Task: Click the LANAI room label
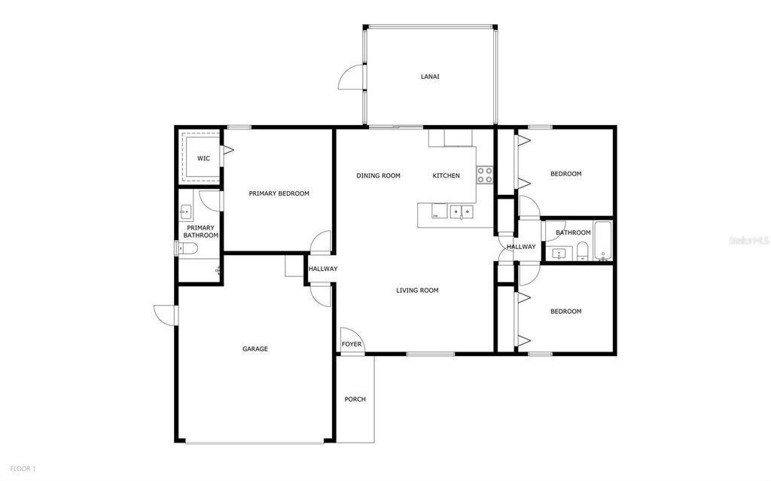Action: click(430, 77)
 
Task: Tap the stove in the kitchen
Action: click(484, 175)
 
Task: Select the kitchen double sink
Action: click(462, 212)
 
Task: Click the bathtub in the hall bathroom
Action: click(602, 241)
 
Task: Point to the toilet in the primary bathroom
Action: click(190, 249)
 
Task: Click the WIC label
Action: click(203, 158)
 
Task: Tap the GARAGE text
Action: click(255, 349)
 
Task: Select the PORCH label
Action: click(355, 399)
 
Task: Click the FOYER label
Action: click(352, 345)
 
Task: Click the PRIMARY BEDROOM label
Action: click(279, 193)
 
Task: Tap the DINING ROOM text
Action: click(378, 175)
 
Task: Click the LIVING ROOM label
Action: click(417, 290)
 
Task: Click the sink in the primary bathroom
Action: click(186, 212)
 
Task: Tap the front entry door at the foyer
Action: click(349, 336)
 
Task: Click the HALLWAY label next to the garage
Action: click(322, 269)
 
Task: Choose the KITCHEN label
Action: click(446, 175)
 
